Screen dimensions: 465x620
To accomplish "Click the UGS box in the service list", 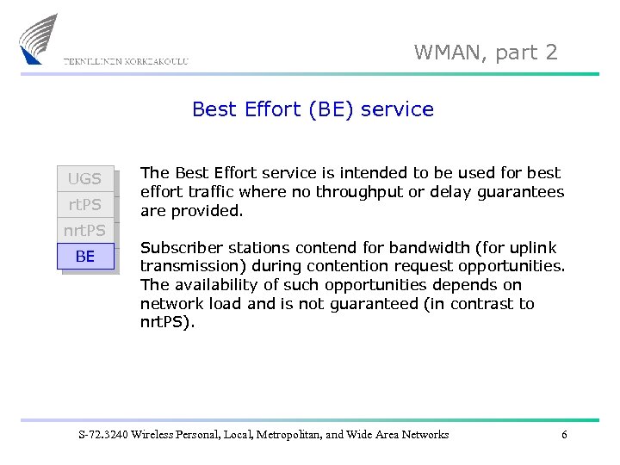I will click(x=84, y=179).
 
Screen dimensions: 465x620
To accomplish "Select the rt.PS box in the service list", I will click(x=84, y=205).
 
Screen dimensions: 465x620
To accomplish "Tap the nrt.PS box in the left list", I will click(x=84, y=231).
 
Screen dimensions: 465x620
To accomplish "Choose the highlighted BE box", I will click(x=85, y=257).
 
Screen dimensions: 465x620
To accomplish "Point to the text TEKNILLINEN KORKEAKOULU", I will click(x=126, y=61).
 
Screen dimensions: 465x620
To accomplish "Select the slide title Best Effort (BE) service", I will click(x=313, y=109).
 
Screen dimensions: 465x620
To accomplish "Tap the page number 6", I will click(x=564, y=435).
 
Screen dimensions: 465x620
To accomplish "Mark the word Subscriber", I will click(x=178, y=247).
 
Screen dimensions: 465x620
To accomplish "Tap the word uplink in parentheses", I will click(x=534, y=247).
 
